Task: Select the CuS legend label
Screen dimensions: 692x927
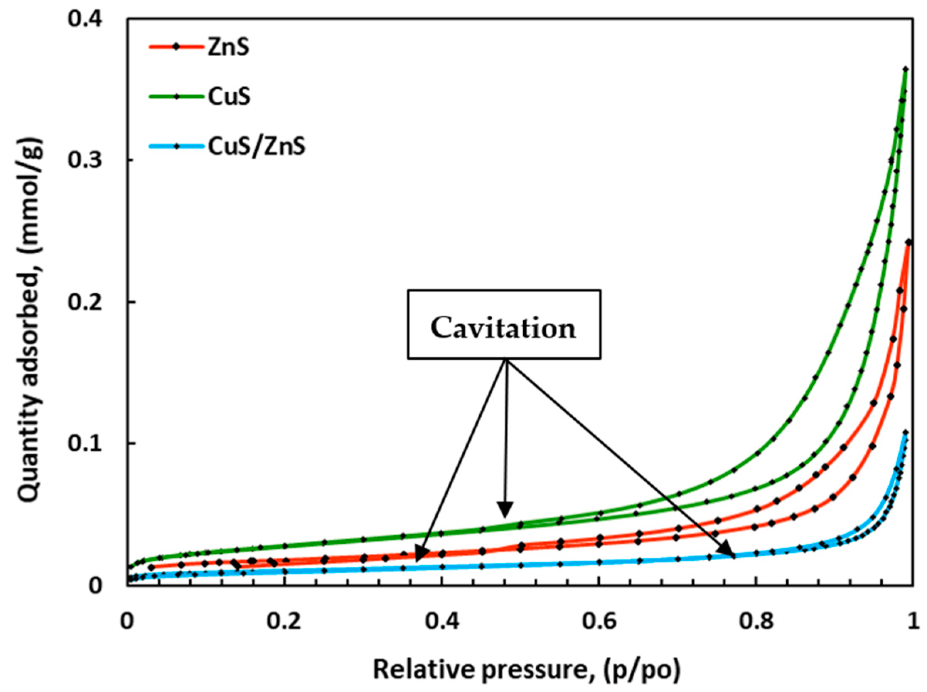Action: (x=229, y=97)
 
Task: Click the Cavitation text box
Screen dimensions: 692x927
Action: (x=504, y=325)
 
